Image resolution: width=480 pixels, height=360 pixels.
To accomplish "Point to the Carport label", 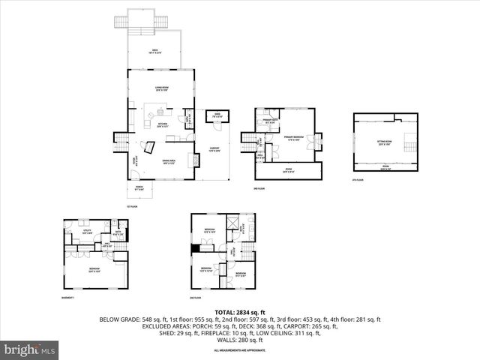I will coord(214,149).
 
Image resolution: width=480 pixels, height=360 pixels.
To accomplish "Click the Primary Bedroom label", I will coord(293,138).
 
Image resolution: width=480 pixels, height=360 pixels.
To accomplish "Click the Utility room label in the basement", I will coord(87,232).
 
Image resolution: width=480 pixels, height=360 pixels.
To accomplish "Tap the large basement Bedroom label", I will coord(94,271).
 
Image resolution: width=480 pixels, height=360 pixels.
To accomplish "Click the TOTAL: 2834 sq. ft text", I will coord(240,311).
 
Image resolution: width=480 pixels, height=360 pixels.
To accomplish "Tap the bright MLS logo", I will coord(30,349).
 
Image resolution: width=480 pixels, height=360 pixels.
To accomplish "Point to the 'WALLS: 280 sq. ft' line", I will coord(240,338).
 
